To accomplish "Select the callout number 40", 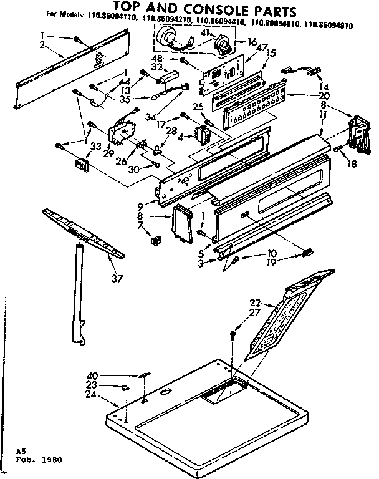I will pos(93,375).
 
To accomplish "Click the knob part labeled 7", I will pos(154,238).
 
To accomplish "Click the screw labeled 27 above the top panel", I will pos(233,336).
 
